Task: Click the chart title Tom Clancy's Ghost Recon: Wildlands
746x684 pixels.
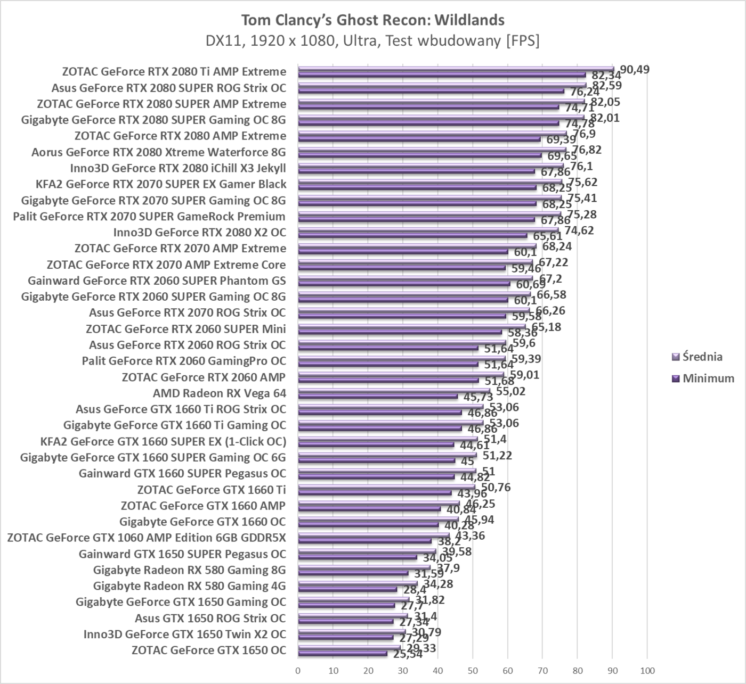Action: tap(372, 20)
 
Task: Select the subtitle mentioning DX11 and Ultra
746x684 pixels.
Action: tap(372, 41)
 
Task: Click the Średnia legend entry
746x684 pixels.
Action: tap(702, 357)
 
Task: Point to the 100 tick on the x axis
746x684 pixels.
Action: tap(647, 671)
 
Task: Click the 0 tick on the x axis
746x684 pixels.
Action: tap(298, 671)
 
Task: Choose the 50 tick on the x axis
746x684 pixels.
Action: tap(473, 671)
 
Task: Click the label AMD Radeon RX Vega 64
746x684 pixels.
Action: tap(219, 393)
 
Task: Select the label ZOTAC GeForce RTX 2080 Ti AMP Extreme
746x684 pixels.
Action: tap(174, 72)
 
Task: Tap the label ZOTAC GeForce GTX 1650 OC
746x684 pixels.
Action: tap(208, 650)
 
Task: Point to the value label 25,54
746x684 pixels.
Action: tap(408, 654)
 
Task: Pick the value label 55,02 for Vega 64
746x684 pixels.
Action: tap(510, 391)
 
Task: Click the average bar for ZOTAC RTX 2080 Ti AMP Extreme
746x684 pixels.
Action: tap(456, 69)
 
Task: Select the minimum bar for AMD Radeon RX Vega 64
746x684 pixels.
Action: tap(378, 397)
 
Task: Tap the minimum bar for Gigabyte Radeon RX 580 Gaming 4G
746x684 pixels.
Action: tap(347, 589)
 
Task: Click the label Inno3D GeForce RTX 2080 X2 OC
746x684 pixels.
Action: tap(199, 233)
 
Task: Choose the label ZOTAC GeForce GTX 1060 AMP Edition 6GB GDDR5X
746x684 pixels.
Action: tap(147, 538)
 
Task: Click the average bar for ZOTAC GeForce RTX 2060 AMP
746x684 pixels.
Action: tap(401, 374)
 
